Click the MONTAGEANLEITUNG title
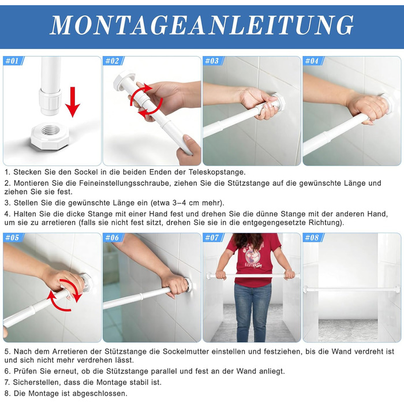click(202, 25)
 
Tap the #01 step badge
click(13, 61)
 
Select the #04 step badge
click(313, 61)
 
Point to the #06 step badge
click(113, 238)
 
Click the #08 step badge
click(313, 238)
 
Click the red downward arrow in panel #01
click(73, 102)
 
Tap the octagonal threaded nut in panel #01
click(50, 136)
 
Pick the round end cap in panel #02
click(124, 80)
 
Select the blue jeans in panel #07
click(253, 312)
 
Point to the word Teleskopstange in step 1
click(216, 172)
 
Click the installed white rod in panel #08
click(352, 289)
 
